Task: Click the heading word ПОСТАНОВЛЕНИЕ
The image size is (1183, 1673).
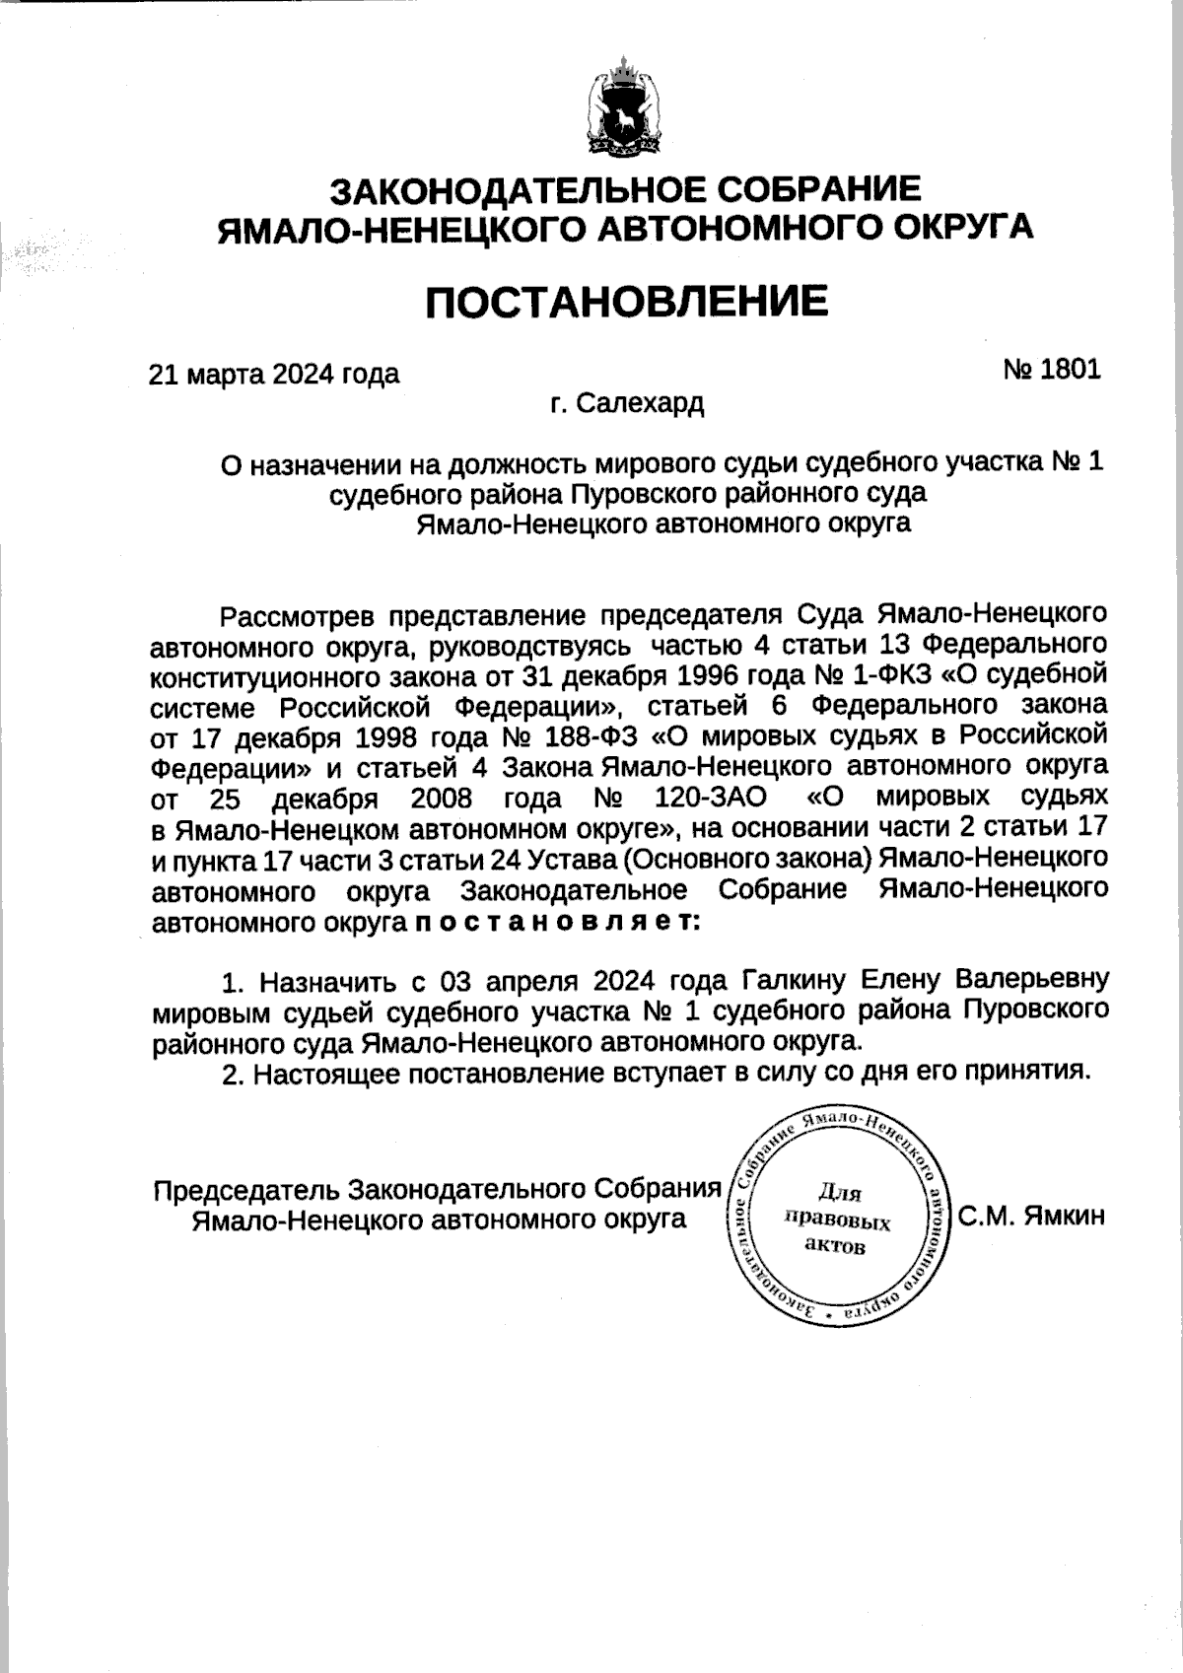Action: click(x=626, y=301)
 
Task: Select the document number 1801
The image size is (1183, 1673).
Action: click(x=1069, y=370)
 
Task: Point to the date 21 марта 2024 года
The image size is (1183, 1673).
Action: click(x=273, y=375)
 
